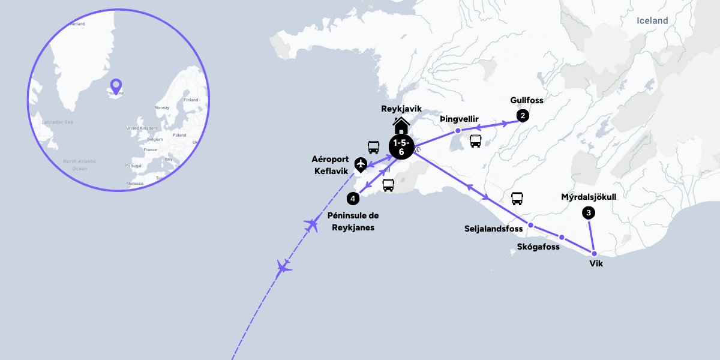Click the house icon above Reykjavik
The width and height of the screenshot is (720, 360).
[x=401, y=126]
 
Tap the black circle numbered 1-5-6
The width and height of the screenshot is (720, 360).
[x=401, y=147]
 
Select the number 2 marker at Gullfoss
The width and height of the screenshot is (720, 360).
[x=523, y=116]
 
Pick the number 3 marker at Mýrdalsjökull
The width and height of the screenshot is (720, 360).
[x=589, y=212]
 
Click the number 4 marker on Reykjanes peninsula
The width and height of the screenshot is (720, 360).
[x=353, y=198]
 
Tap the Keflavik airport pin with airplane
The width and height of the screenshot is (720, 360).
[x=361, y=164]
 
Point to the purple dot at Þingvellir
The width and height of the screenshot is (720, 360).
[x=458, y=130]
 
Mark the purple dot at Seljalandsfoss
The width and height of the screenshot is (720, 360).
[x=530, y=226]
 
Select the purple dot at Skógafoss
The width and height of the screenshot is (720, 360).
[x=562, y=237]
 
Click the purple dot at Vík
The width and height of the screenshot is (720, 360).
[x=594, y=253]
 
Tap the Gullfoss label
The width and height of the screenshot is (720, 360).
[x=526, y=100]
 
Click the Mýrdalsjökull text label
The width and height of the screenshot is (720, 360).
[x=589, y=197]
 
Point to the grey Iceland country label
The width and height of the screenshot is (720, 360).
[x=652, y=20]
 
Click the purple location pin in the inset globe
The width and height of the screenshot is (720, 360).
[x=116, y=86]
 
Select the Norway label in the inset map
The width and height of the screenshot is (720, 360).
[x=162, y=107]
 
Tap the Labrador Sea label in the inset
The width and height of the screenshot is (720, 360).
[x=57, y=122]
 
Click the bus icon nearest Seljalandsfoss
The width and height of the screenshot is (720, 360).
[x=517, y=199]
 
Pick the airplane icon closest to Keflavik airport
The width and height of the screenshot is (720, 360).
[x=311, y=225]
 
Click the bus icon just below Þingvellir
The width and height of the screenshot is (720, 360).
[x=475, y=141]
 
